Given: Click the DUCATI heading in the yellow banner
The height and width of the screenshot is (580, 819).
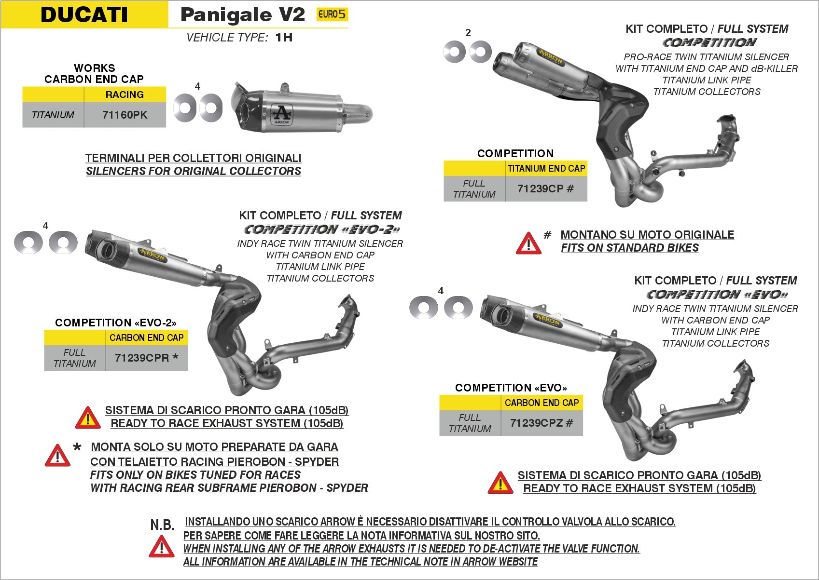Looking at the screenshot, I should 84,14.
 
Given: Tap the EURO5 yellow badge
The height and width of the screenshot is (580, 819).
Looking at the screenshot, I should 332,14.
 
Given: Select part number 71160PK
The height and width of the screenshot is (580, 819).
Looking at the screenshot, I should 125,115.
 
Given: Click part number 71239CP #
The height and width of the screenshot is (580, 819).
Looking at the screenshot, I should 545,189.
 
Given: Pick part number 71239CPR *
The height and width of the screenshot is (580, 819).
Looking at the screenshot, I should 146,358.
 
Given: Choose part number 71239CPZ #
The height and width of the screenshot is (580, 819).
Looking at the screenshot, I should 541,423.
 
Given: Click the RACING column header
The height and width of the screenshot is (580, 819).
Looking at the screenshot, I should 125,94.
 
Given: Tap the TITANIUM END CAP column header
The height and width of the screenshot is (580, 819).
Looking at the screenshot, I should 546,168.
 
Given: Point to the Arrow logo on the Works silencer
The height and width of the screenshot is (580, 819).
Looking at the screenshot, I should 282,115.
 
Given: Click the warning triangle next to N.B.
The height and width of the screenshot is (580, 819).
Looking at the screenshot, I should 161,548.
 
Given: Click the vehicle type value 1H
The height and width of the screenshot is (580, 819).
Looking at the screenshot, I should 284,38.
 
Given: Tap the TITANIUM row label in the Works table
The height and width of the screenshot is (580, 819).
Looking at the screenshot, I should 53,115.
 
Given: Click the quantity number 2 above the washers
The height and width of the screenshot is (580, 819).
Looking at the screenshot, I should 468,33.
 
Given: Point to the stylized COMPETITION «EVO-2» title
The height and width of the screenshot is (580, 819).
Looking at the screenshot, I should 321,229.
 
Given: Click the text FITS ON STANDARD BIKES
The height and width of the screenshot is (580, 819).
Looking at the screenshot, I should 629,248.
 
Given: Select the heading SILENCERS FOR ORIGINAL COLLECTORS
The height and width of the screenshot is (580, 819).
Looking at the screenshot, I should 193,171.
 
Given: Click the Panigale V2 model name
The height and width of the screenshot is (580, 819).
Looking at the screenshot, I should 242,15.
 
